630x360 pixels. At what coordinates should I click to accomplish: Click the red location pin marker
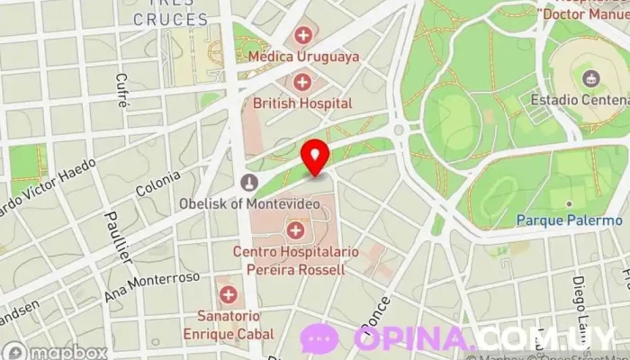[x=314, y=157]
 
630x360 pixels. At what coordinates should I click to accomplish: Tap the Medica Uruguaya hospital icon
[x=303, y=36]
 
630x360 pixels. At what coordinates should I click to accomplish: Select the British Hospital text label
[x=302, y=103]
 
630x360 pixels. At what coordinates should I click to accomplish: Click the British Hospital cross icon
[x=302, y=83]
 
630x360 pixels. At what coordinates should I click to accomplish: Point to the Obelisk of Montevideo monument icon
[x=247, y=183]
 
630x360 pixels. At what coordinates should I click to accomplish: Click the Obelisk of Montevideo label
[x=248, y=203]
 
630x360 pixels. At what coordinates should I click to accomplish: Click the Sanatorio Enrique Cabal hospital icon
[x=229, y=294]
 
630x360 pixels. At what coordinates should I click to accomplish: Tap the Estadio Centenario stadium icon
[x=591, y=77]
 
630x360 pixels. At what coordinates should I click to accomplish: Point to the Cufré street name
[x=121, y=90]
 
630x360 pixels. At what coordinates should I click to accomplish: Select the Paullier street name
[x=118, y=236]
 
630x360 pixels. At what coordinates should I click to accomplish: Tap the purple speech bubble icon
[x=319, y=339]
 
